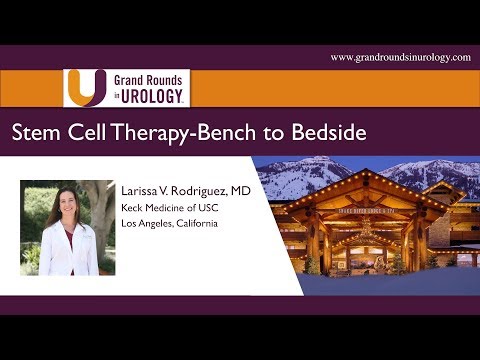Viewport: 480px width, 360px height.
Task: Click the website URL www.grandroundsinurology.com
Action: pos(400,58)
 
